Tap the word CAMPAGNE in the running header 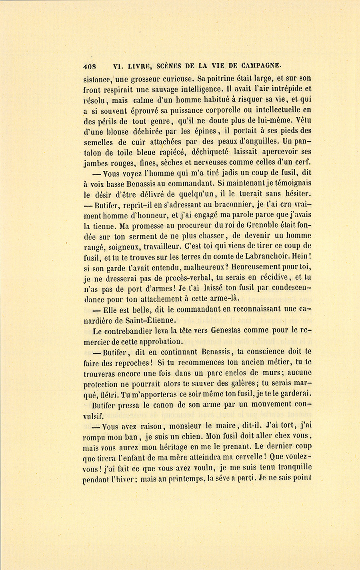[262, 65]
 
